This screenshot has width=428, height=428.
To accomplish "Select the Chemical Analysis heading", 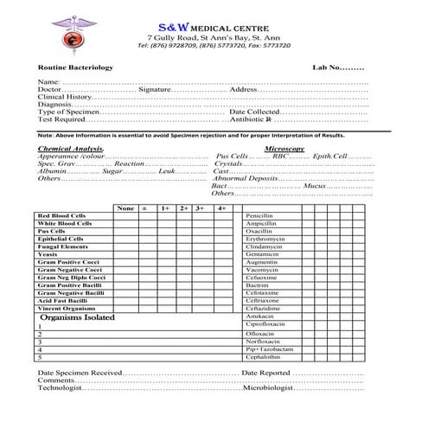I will point(71,149).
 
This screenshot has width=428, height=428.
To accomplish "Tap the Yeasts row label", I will point(48,254).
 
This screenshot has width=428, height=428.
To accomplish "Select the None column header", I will point(125,208).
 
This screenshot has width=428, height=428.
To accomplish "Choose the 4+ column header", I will point(221,208).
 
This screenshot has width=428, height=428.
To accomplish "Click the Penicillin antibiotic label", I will point(259,215).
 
